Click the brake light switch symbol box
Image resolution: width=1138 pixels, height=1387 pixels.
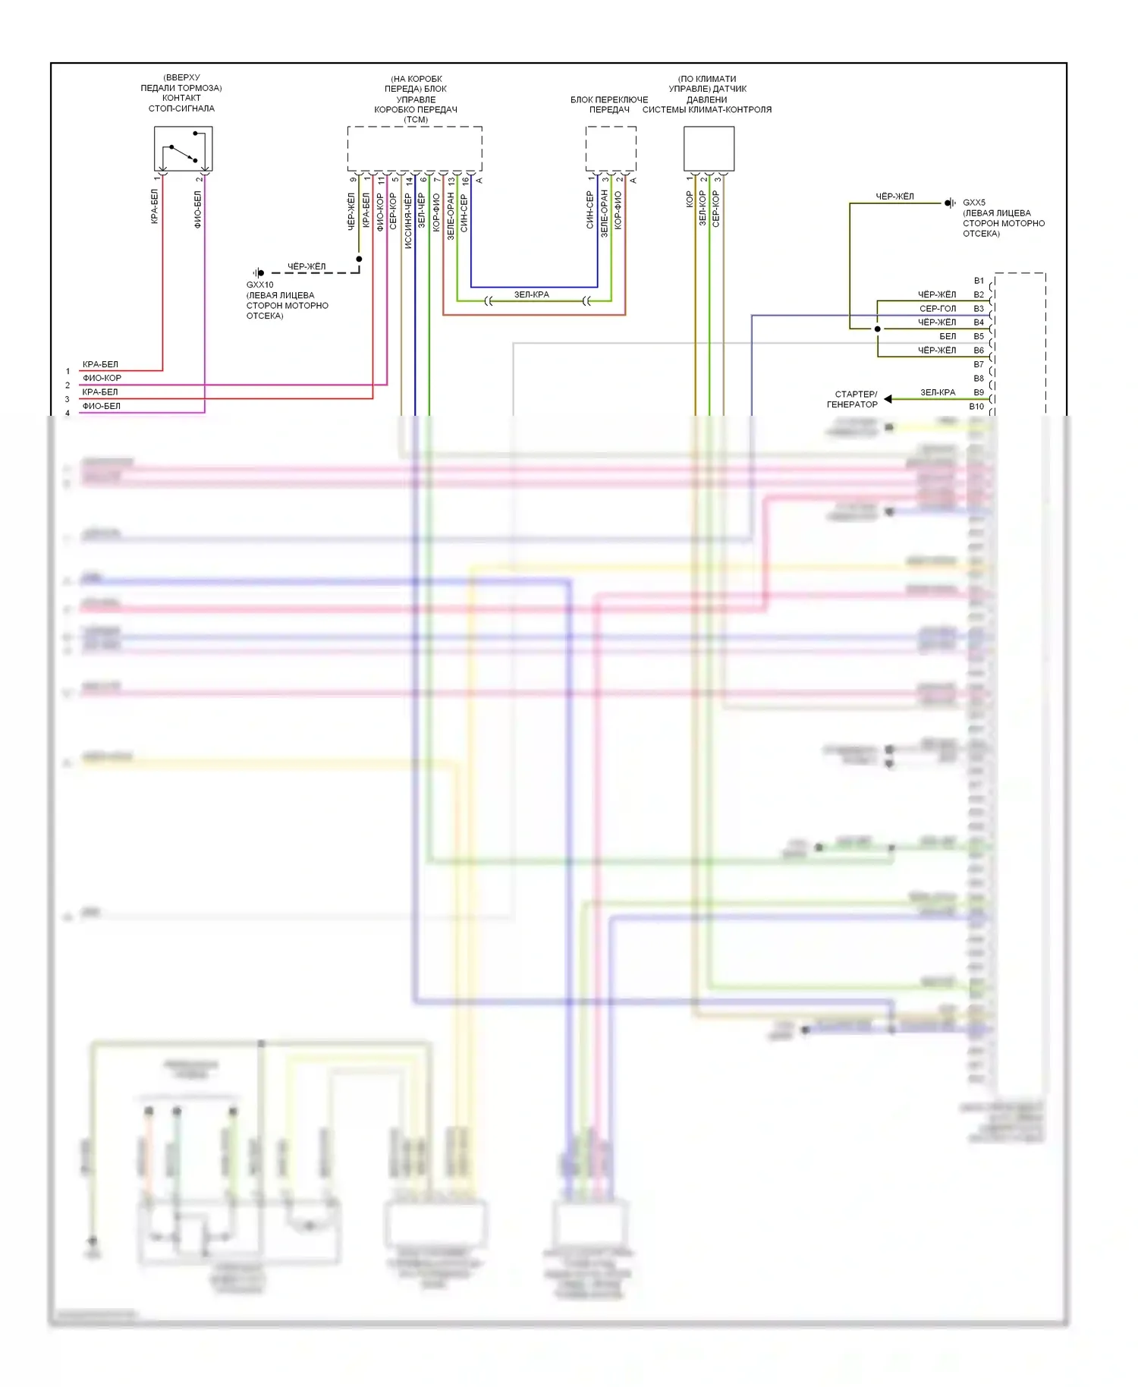(183, 149)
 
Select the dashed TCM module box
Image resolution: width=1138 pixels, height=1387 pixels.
(414, 149)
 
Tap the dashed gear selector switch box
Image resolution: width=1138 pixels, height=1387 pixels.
(610, 149)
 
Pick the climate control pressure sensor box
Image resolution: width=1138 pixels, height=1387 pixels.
(709, 149)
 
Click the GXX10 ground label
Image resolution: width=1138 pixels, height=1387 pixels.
(259, 285)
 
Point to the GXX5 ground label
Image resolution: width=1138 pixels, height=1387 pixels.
(974, 203)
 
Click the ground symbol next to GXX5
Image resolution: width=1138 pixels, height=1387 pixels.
(949, 203)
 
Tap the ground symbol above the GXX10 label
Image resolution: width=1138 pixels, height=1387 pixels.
(259, 272)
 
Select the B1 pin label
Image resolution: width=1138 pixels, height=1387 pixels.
(979, 281)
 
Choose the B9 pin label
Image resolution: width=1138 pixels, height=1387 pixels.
(979, 393)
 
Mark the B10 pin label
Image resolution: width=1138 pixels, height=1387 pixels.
(976, 407)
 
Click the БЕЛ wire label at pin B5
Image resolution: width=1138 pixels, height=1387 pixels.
(948, 336)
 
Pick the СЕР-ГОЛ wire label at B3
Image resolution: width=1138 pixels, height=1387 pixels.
(938, 309)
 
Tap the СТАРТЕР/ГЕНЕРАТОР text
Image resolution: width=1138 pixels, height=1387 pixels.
(853, 399)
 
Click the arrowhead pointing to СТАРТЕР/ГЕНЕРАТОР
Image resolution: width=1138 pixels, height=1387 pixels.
(888, 398)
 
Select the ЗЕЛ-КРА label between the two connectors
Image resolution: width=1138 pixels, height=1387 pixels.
(531, 294)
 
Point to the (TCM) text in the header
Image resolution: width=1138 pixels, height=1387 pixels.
(416, 120)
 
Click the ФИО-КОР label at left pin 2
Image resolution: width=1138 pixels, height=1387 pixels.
(102, 378)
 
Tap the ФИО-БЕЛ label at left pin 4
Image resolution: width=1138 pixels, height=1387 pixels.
(101, 406)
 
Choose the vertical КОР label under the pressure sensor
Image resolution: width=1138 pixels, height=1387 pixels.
(689, 199)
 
